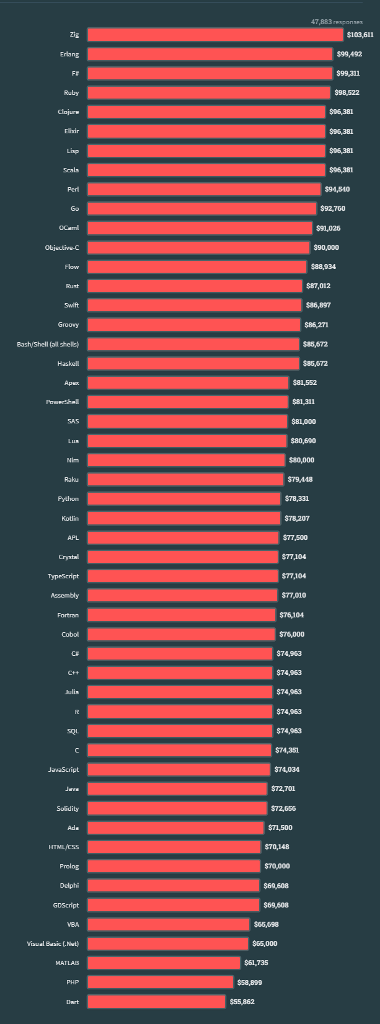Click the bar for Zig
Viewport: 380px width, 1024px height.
pyautogui.click(x=215, y=35)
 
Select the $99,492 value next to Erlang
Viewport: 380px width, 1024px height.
pyautogui.click(x=349, y=54)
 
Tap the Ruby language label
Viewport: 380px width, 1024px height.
pyautogui.click(x=71, y=92)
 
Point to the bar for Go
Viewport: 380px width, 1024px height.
pyautogui.click(x=201, y=208)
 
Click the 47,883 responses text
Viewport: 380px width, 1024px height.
pyautogui.click(x=337, y=22)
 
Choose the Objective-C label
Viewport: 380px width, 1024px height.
pyautogui.click(x=62, y=247)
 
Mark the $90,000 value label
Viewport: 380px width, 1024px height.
pyautogui.click(x=326, y=247)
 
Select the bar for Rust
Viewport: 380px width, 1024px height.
pyautogui.click(x=195, y=286)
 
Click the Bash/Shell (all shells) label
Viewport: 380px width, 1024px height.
pyautogui.click(x=48, y=343)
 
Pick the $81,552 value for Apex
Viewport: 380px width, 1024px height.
pyautogui.click(x=304, y=382)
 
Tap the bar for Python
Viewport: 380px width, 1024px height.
pyautogui.click(x=183, y=498)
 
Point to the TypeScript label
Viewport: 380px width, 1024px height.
pyautogui.click(x=63, y=576)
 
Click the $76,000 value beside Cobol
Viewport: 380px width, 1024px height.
pyautogui.click(x=291, y=634)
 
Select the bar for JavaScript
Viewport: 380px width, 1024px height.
pyautogui.click(x=179, y=769)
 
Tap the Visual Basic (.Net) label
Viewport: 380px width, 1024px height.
pyautogui.click(x=53, y=943)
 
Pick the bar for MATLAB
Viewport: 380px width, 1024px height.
pyautogui.click(x=164, y=963)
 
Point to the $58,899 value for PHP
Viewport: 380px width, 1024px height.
pyautogui.click(x=250, y=982)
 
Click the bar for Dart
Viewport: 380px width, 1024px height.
pyautogui.click(x=156, y=1002)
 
